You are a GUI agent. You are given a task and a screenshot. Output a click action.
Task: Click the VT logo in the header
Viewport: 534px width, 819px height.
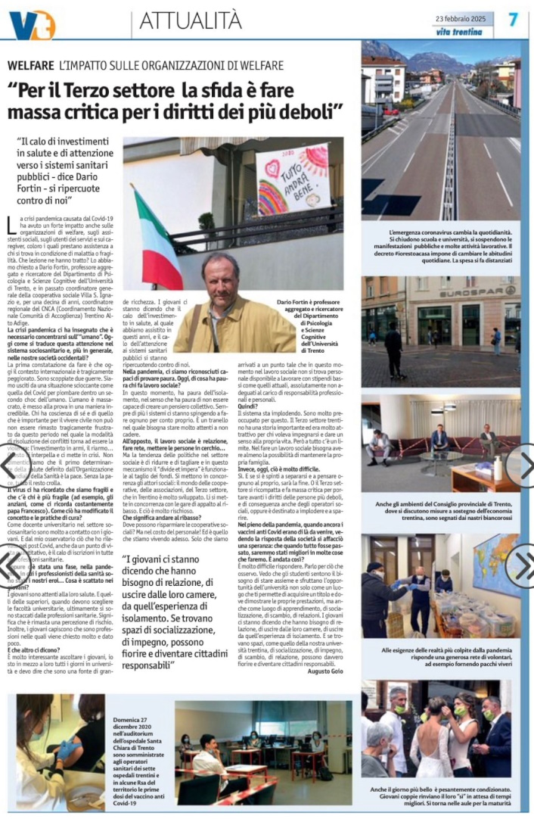tap(32, 24)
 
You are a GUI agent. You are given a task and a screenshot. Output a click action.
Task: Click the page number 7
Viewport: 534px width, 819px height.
tap(513, 20)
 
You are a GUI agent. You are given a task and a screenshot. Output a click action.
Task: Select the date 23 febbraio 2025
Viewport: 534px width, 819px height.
tap(463, 18)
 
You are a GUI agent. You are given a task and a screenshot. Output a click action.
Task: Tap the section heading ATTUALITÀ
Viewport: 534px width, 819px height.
tap(190, 22)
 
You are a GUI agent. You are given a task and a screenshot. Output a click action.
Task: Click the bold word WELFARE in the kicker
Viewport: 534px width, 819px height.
tap(31, 66)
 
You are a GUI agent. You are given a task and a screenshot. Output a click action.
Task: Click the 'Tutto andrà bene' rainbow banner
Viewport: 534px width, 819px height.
tap(293, 179)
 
